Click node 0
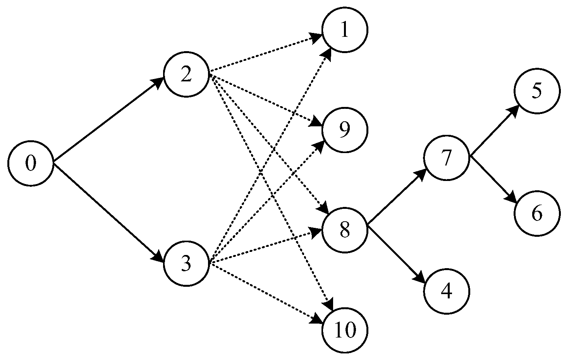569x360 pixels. point(31,164)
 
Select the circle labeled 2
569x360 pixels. point(186,75)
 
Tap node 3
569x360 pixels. point(186,264)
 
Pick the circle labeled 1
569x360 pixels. point(344,31)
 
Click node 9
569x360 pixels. point(344,130)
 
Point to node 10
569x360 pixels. point(344,330)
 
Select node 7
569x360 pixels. point(447,158)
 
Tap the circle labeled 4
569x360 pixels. point(447,291)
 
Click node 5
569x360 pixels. point(537,91)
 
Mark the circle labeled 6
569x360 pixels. point(537,213)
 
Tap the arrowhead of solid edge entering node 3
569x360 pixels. point(159,257)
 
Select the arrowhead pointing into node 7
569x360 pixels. point(422,174)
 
